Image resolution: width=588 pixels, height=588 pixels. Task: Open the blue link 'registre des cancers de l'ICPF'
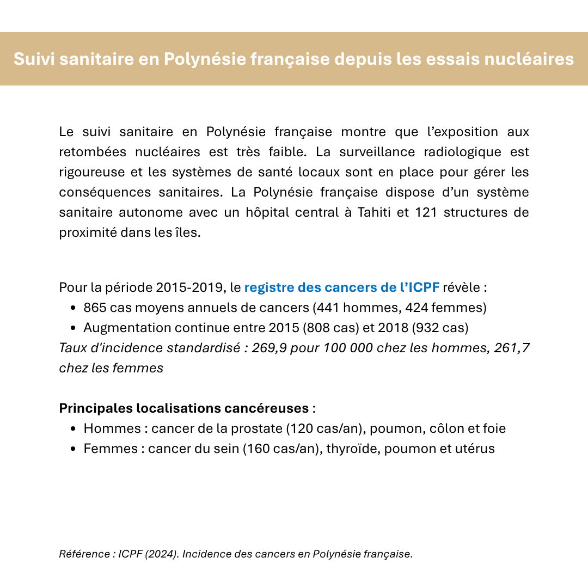(x=342, y=287)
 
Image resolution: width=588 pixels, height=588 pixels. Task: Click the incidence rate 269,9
(x=269, y=348)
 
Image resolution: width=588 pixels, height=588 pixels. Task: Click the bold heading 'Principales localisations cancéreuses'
(x=184, y=408)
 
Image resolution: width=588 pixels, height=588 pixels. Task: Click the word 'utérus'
(x=476, y=449)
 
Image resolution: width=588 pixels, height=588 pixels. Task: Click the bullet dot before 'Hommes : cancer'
(x=73, y=429)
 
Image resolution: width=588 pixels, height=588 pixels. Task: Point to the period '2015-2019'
(x=189, y=287)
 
